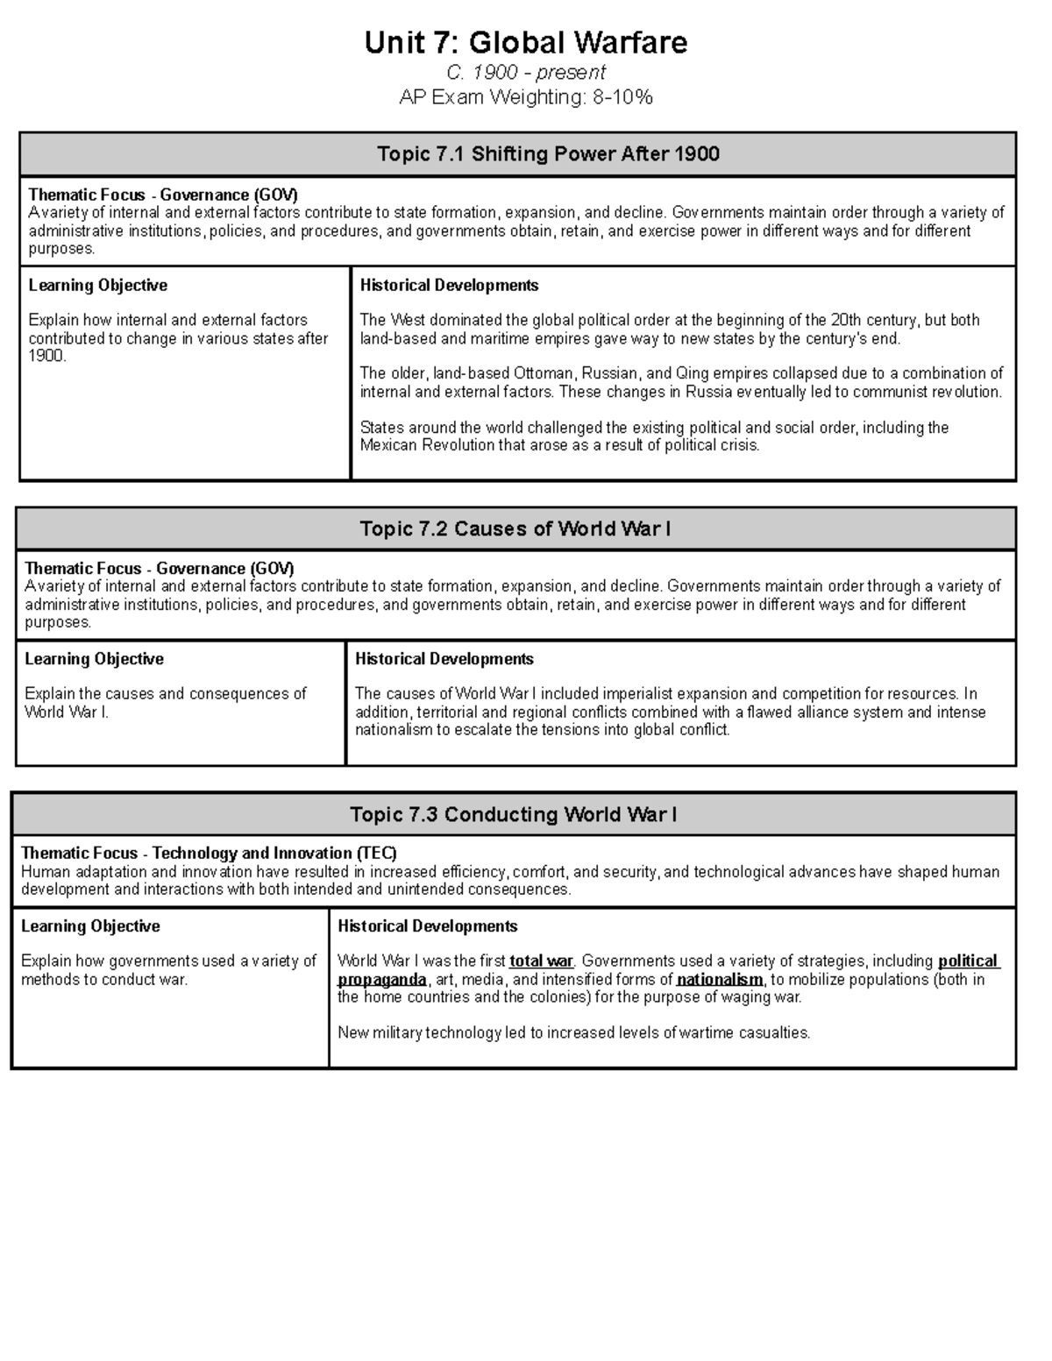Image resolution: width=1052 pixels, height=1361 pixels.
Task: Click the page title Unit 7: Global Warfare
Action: pyautogui.click(x=526, y=42)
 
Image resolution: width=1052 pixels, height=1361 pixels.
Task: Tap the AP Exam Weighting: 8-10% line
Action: pyautogui.click(x=526, y=97)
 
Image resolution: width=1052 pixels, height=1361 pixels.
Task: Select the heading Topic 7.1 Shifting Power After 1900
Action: pyautogui.click(x=548, y=154)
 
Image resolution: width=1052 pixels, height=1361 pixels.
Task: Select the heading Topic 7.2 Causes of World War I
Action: pyautogui.click(x=515, y=528)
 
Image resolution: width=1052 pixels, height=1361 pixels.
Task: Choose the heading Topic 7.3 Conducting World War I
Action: pyautogui.click(x=513, y=814)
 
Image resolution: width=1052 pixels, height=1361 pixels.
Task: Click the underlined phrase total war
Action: pyautogui.click(x=540, y=961)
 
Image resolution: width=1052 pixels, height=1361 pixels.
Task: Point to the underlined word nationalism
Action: pyautogui.click(x=720, y=980)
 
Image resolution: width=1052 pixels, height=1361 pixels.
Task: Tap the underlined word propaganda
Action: pyautogui.click(x=382, y=980)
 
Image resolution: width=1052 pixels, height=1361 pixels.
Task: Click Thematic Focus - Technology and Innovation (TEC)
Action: pyautogui.click(x=209, y=853)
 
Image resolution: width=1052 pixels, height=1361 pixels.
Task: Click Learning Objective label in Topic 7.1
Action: pyautogui.click(x=97, y=285)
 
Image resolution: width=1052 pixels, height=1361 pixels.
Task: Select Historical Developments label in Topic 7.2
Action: pyautogui.click(x=444, y=658)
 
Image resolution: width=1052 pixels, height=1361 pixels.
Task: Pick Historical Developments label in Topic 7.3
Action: pyautogui.click(x=427, y=925)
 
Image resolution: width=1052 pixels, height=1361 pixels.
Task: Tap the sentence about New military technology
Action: pyautogui.click(x=573, y=1032)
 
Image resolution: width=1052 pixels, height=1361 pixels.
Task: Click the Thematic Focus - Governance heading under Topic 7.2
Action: pyautogui.click(x=160, y=568)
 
